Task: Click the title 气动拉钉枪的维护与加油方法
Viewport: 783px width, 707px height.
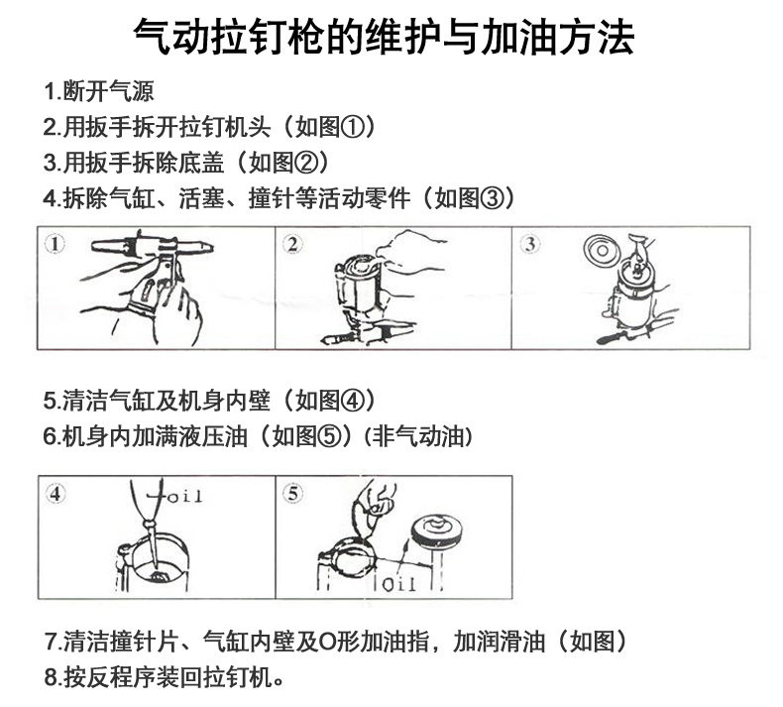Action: coord(384,37)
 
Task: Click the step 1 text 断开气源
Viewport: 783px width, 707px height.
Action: coord(108,91)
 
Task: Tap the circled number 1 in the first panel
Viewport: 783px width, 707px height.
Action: coord(55,244)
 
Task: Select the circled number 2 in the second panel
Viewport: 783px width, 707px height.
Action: coord(292,244)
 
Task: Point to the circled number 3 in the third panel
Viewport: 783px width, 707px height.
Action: coord(530,244)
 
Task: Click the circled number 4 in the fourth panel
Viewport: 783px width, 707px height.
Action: coord(55,494)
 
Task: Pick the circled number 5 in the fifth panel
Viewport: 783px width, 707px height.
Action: coord(292,494)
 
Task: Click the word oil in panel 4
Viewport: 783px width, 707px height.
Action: coord(184,496)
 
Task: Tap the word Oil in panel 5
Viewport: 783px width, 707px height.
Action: coord(399,584)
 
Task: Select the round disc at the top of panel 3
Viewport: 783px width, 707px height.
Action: coord(603,250)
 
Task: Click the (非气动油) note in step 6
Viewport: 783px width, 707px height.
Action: coord(418,436)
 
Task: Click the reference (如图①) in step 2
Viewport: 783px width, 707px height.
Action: coord(330,127)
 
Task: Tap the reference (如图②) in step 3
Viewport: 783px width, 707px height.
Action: coord(282,163)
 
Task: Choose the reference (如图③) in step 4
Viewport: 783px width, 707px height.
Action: coord(468,198)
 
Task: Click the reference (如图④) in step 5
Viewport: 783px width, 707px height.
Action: coord(329,401)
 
